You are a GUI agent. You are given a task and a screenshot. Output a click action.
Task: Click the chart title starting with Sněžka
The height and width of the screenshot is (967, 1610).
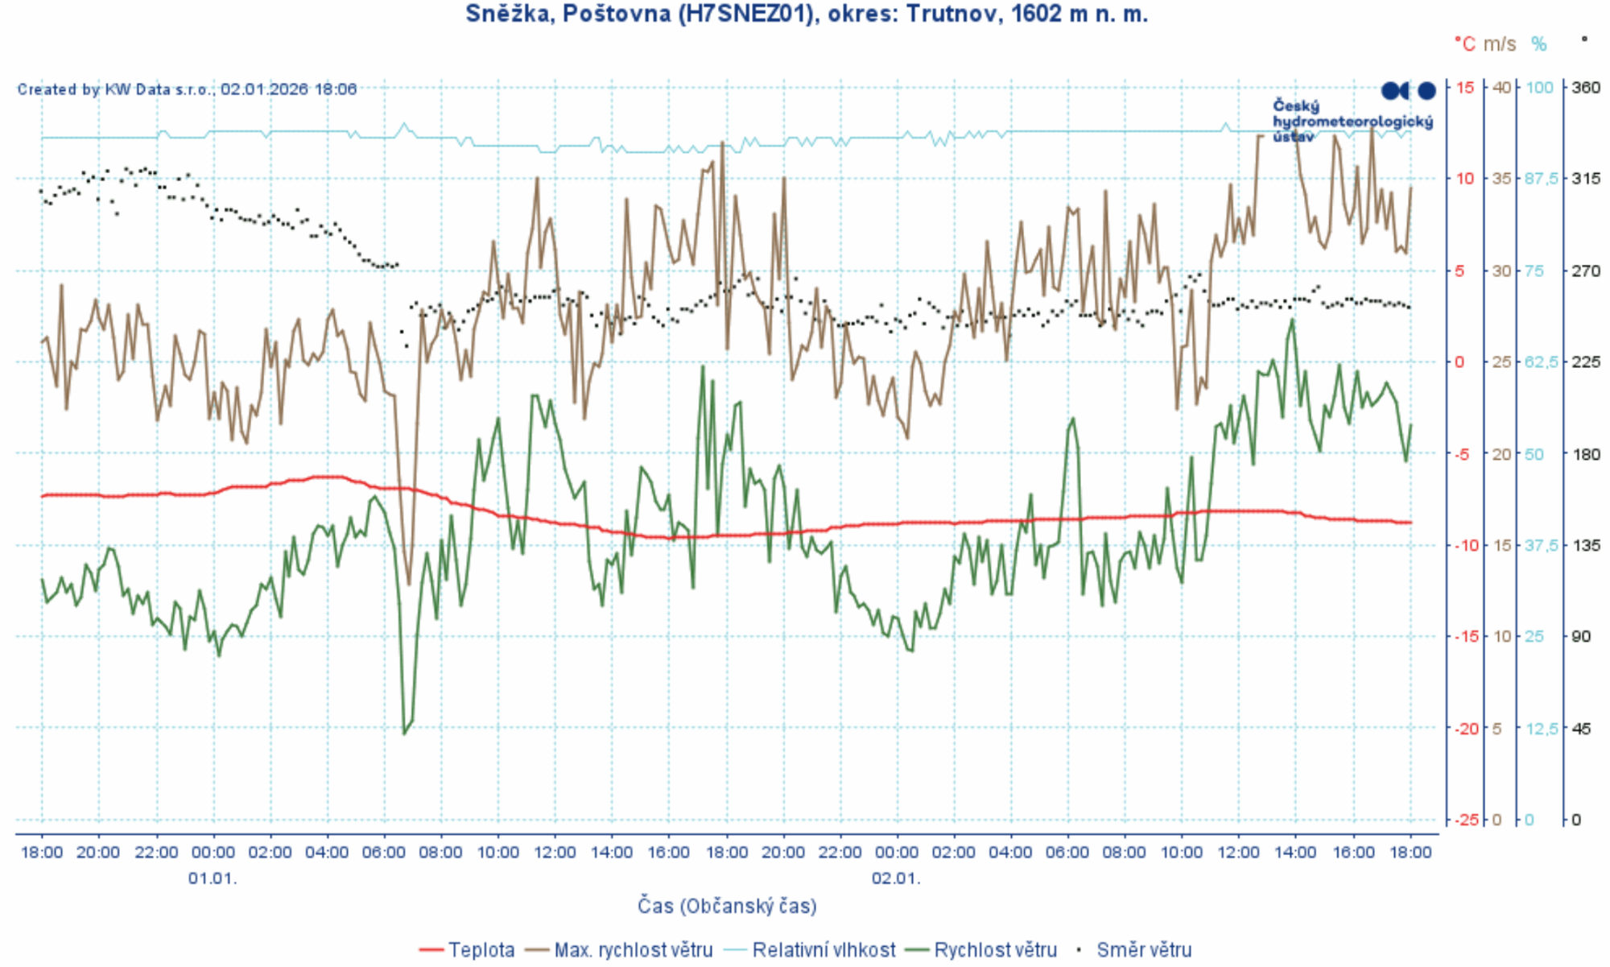[807, 14]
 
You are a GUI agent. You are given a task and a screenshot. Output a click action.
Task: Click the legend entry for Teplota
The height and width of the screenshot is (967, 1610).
[481, 950]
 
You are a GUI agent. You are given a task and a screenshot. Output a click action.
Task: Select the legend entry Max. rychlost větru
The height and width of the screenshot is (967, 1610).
[633, 950]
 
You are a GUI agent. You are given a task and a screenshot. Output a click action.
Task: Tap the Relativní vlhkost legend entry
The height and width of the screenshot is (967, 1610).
[823, 950]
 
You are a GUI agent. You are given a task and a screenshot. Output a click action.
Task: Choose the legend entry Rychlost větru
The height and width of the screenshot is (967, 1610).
[995, 950]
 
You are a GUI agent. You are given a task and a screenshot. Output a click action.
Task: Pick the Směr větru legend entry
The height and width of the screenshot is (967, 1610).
[1143, 950]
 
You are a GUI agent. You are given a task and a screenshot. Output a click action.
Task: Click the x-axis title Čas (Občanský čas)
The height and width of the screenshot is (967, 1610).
[727, 907]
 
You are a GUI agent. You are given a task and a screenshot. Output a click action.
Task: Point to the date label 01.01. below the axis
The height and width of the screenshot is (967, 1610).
[213, 878]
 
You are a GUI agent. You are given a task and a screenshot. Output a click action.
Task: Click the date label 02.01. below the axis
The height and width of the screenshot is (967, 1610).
[895, 878]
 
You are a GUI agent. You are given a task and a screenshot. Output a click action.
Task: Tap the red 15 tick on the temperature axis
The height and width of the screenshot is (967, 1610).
[1465, 88]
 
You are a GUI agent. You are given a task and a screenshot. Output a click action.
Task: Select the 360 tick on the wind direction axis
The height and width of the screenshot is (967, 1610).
[1585, 88]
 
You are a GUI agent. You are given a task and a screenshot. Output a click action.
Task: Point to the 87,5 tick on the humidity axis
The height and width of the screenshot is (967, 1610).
[1542, 179]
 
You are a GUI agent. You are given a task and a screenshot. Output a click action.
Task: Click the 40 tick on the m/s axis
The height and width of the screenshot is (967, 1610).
[1501, 88]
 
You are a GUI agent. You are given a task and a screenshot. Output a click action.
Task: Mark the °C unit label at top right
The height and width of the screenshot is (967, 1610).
[1465, 44]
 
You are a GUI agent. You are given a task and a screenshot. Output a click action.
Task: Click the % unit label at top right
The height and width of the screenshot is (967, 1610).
[1539, 44]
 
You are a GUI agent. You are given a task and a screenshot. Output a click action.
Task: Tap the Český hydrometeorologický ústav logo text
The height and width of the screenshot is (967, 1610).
[1352, 121]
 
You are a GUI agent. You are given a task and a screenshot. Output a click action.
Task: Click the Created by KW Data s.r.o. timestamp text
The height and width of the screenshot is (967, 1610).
[187, 89]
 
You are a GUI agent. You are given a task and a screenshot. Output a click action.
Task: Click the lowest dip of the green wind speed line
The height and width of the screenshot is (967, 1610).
[404, 733]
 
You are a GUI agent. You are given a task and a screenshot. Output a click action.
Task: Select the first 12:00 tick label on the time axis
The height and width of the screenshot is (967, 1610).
[555, 853]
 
